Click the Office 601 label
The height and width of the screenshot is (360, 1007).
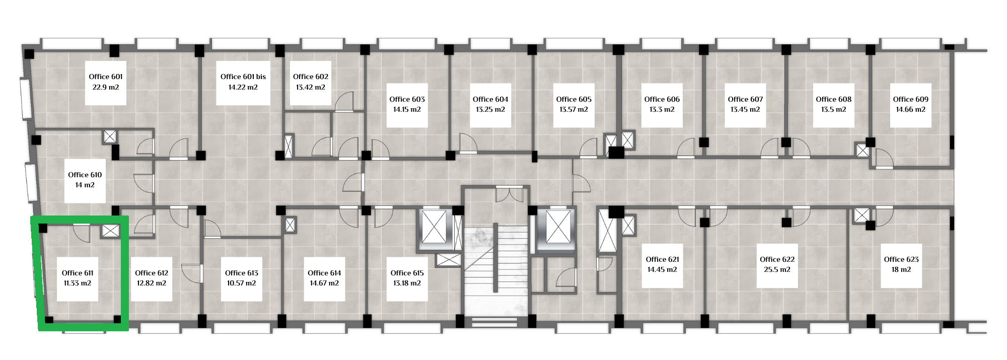[105, 77]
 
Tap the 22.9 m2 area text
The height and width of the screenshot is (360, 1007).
[105, 87]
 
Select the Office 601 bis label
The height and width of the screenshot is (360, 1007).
[243, 77]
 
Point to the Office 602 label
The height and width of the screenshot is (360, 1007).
[311, 77]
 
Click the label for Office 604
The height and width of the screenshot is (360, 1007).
[490, 99]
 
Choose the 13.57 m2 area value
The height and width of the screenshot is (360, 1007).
[573, 109]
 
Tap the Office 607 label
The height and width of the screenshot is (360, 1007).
[745, 99]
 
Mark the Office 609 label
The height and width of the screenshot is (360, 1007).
[911, 99]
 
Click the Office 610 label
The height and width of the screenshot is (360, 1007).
[85, 175]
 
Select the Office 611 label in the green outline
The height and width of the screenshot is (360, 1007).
[78, 273]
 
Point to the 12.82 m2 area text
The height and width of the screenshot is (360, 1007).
[152, 283]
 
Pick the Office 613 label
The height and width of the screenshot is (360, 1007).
[242, 273]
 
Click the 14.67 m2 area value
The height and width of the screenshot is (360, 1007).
[324, 283]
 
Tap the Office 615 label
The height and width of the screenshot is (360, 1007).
[407, 273]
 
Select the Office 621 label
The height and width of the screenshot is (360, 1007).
[663, 259]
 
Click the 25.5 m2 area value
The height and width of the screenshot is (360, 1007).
[777, 269]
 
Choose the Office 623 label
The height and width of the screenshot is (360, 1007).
[901, 259]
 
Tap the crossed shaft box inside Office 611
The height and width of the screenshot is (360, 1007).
[110, 231]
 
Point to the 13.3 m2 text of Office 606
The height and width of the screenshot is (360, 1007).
[662, 109]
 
